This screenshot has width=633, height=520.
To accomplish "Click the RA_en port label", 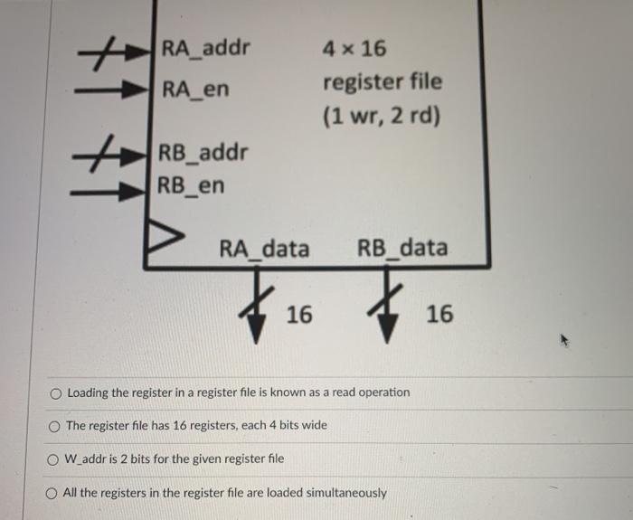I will tap(195, 90).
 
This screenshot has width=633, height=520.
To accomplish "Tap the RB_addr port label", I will tap(203, 152).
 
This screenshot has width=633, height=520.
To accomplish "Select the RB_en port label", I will tap(192, 186).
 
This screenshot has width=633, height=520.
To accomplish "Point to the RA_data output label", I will tap(264, 248).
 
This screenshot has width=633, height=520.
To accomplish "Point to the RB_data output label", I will tap(402, 248).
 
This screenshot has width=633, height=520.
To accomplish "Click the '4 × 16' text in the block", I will tap(354, 48).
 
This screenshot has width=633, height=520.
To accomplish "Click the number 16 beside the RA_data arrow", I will tap(299, 315).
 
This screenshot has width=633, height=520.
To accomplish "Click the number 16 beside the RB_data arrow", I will tap(439, 315).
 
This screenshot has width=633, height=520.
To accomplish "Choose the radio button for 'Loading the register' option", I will tap(56, 393).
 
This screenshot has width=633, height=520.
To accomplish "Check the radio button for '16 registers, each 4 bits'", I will tap(56, 426).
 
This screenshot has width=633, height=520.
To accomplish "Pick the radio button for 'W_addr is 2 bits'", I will tap(55, 459).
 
